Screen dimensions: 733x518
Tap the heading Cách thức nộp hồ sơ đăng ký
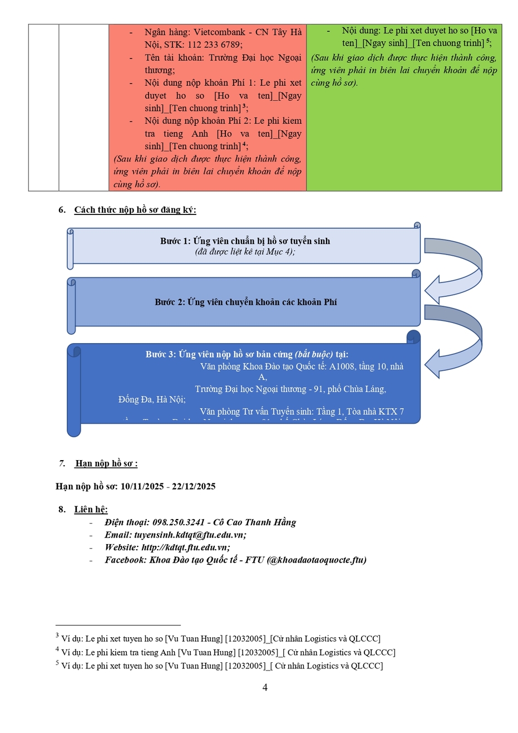(x=135, y=210)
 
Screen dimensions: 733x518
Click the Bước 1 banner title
(x=245, y=241)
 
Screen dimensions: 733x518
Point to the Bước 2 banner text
(x=245, y=302)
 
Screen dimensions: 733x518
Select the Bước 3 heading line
(x=246, y=354)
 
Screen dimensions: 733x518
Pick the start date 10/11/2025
(x=142, y=486)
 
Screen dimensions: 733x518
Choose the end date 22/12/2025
(x=193, y=486)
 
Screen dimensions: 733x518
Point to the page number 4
(x=265, y=687)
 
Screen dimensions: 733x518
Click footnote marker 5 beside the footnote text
(x=57, y=663)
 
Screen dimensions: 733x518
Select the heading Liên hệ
(x=91, y=510)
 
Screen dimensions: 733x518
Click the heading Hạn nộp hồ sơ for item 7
(x=106, y=463)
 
